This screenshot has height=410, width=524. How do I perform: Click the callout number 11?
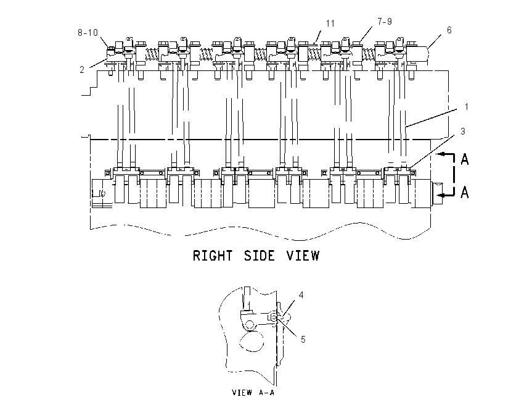click(330, 23)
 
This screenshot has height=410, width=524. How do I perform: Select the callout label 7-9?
click(385, 22)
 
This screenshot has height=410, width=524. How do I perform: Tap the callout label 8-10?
click(88, 33)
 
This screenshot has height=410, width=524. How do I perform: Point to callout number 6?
click(449, 30)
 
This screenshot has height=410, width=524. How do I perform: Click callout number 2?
click(82, 70)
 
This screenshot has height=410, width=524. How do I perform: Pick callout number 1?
click(466, 107)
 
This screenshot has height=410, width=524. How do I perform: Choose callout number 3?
click(463, 132)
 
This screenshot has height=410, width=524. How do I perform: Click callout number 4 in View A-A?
click(301, 295)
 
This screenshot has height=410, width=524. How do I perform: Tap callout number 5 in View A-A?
click(303, 340)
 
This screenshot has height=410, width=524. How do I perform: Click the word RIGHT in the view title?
click(213, 256)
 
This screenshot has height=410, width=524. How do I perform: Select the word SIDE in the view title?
click(260, 256)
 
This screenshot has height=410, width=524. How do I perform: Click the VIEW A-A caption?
click(253, 392)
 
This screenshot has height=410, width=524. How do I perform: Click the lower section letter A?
click(465, 192)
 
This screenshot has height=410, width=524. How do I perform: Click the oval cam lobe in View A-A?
click(252, 341)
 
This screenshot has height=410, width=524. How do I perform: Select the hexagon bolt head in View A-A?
click(249, 325)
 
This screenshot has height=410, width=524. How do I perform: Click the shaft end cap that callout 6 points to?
click(417, 54)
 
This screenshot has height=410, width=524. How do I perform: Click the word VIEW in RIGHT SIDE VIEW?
click(303, 256)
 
